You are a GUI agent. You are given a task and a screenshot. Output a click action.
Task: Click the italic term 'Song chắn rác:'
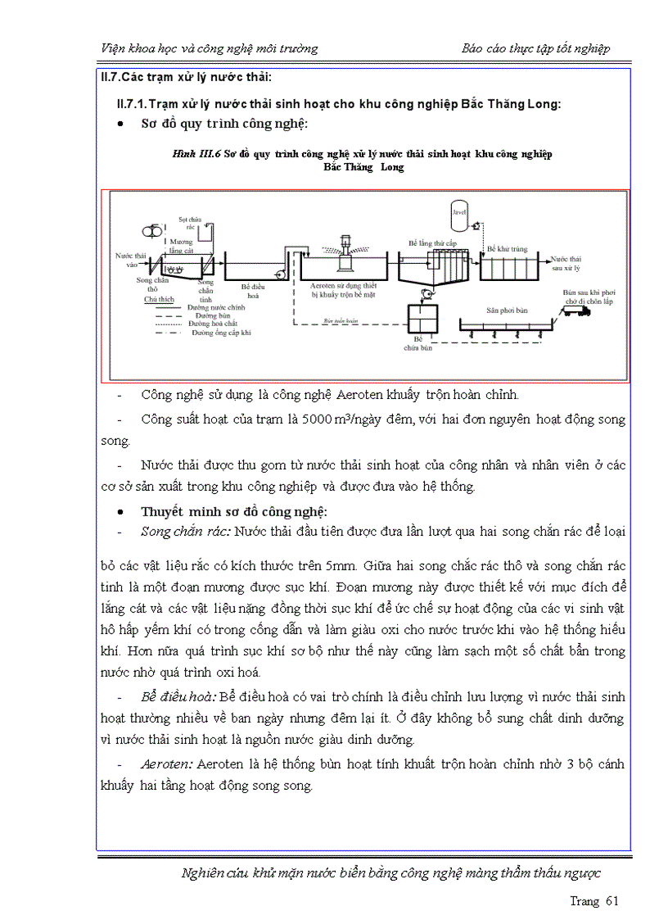tap(186, 532)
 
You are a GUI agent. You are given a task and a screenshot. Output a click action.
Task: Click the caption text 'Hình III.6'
tap(196, 154)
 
